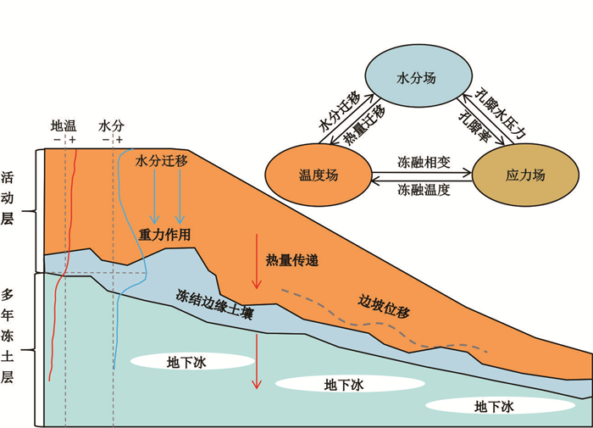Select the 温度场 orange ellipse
(318, 175)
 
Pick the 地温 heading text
(64, 125)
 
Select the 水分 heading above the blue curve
(111, 125)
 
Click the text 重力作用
(165, 233)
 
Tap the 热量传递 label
(292, 260)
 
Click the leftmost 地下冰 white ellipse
(193, 362)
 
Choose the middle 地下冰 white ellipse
(343, 384)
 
